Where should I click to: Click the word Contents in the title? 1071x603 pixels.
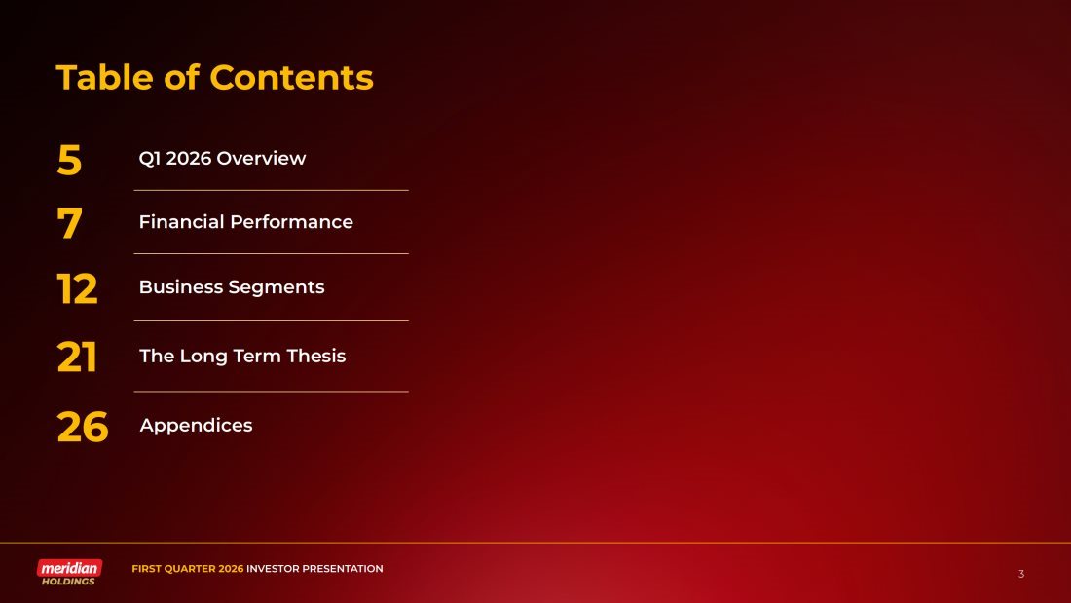[292, 77]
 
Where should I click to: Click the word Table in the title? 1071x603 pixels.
[104, 77]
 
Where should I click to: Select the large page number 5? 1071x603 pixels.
[69, 161]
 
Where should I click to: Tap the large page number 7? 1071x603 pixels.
[69, 223]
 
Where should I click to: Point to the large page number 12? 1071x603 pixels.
[77, 288]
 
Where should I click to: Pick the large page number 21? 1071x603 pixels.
[77, 357]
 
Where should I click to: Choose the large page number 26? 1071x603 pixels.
[83, 427]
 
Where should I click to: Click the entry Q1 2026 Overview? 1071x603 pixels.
[222, 158]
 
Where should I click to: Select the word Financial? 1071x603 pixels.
[181, 221]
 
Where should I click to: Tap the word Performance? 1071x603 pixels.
[292, 221]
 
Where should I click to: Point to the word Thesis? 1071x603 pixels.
[316, 356]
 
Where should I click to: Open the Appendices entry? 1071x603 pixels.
[196, 426]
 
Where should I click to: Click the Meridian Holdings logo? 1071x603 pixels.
[69, 572]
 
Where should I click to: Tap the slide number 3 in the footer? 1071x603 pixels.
[1021, 574]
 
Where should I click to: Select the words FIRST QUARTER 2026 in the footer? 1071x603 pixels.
[188, 569]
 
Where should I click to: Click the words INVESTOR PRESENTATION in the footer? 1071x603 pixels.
[314, 569]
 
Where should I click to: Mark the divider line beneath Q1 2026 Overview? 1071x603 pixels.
[272, 190]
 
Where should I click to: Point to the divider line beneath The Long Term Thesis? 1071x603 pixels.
[272, 392]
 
